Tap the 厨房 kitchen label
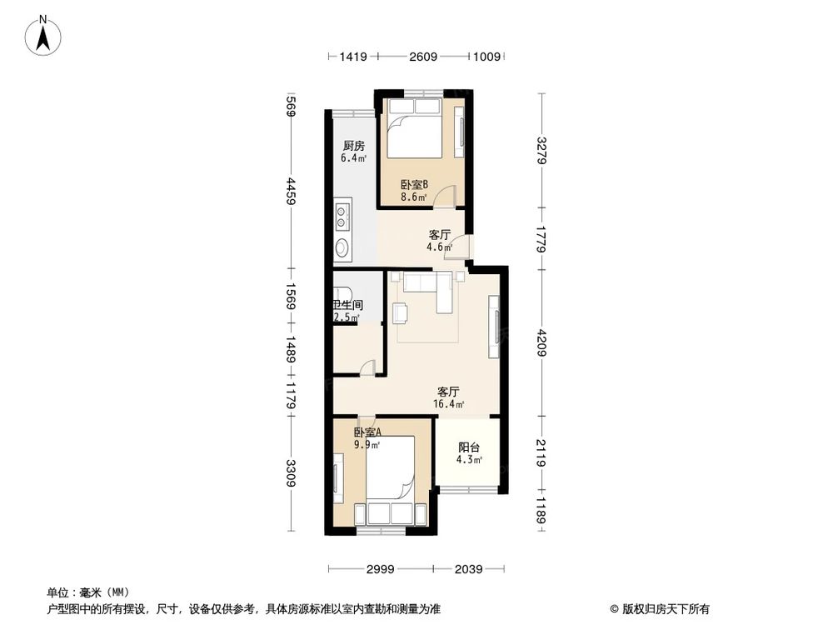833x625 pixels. click(352, 146)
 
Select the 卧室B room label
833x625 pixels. click(413, 185)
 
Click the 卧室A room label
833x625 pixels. click(367, 432)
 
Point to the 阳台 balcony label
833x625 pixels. click(467, 447)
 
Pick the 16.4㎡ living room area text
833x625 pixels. click(448, 404)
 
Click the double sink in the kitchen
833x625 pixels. click(342, 217)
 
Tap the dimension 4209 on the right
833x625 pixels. click(541, 342)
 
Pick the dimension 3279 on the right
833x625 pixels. click(541, 151)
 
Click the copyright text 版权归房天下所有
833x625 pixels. click(663, 608)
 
